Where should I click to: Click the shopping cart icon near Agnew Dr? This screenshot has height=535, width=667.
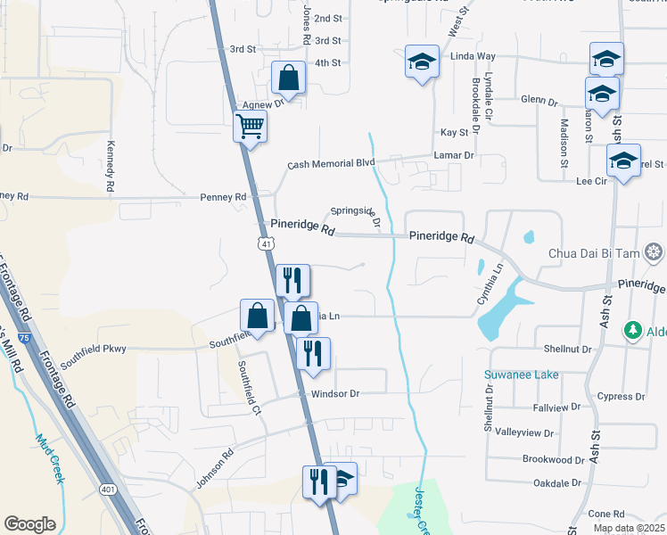(x=250, y=126)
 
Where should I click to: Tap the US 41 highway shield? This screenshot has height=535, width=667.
(x=266, y=243)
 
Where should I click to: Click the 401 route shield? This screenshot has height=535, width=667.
(x=108, y=490)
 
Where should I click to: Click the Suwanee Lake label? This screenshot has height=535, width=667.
(x=522, y=374)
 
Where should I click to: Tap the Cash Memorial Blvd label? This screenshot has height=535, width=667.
(x=331, y=165)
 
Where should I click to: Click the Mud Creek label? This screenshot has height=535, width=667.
(x=50, y=457)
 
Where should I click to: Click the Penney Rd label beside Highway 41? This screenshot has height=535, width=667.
(x=223, y=197)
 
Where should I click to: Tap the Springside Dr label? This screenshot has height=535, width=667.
(x=357, y=216)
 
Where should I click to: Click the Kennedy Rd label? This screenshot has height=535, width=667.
(x=111, y=166)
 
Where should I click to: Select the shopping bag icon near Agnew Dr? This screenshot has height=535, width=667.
(x=290, y=78)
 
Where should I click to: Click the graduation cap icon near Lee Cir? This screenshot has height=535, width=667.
(x=623, y=160)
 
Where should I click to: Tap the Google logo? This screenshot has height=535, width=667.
(x=30, y=524)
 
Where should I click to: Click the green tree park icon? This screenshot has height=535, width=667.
(x=633, y=330)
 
